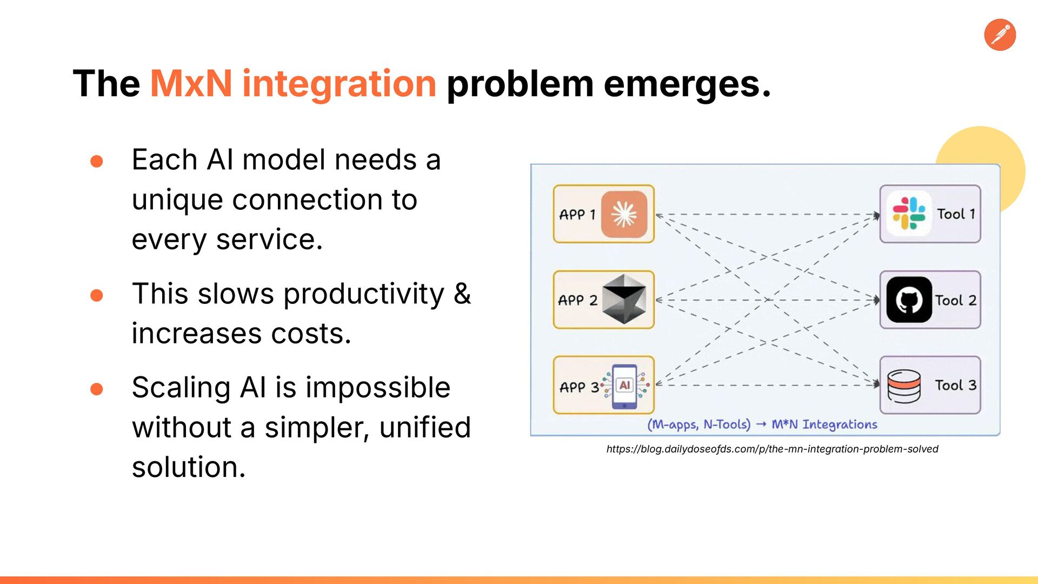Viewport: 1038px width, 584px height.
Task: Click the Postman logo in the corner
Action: (x=1000, y=35)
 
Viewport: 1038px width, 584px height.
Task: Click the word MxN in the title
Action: (x=191, y=84)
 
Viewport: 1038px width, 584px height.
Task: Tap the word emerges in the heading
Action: (x=682, y=85)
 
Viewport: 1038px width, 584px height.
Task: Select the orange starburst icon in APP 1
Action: (x=624, y=214)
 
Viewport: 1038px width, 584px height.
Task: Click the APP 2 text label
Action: (x=577, y=300)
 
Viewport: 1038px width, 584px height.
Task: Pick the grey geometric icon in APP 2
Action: (x=624, y=300)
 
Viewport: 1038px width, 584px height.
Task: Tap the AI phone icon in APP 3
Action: (x=625, y=386)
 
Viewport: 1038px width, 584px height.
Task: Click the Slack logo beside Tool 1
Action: (x=908, y=214)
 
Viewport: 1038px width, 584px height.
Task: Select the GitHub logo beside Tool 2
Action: (x=909, y=300)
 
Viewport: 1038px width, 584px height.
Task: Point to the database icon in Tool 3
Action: (x=904, y=386)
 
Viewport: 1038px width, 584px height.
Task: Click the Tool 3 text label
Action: (x=956, y=386)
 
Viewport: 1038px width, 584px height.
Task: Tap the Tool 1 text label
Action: (x=956, y=214)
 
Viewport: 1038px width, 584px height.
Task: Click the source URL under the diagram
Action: (x=772, y=449)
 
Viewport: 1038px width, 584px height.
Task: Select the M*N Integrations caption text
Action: (x=824, y=424)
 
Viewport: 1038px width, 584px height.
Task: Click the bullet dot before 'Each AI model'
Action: (x=97, y=161)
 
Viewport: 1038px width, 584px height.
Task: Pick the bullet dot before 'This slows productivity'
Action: (x=97, y=295)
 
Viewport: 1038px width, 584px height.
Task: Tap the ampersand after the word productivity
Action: (x=462, y=294)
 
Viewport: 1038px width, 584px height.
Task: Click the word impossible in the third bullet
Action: (x=378, y=387)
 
